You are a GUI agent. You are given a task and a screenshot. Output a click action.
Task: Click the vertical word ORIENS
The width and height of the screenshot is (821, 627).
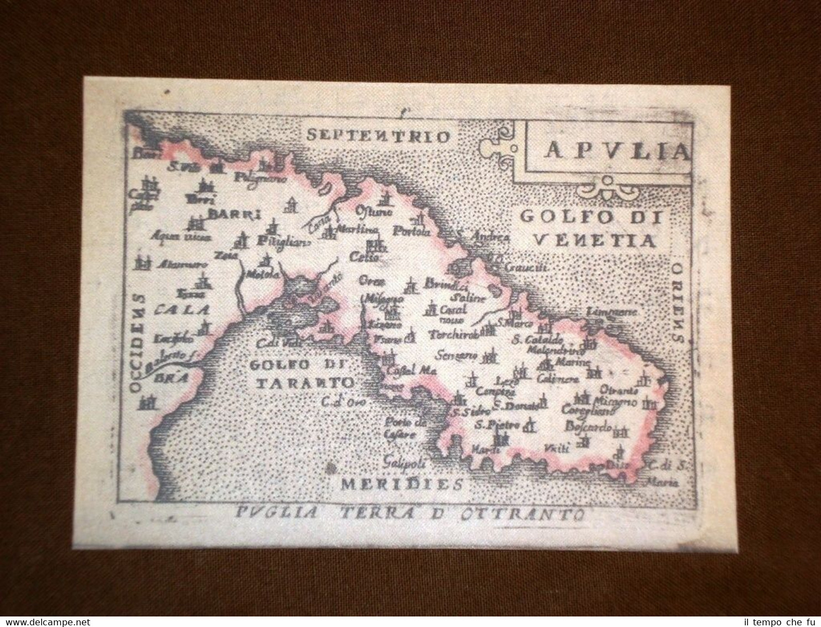pyautogui.click(x=678, y=302)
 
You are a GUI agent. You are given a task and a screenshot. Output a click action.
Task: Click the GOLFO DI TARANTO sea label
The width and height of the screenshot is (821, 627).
pyautogui.click(x=302, y=373)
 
